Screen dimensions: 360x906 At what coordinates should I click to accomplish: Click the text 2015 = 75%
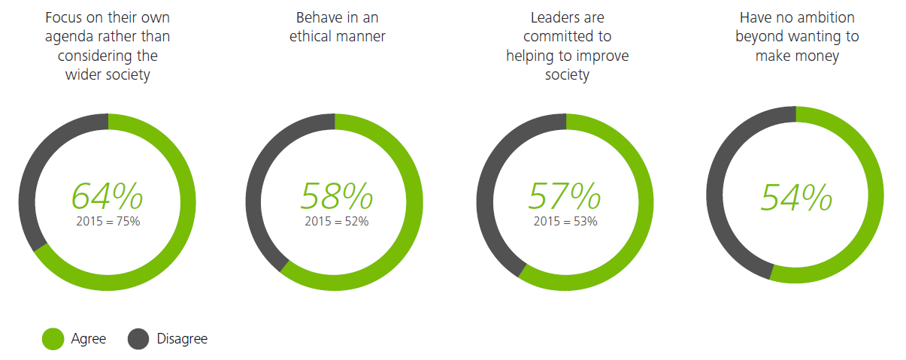click(108, 222)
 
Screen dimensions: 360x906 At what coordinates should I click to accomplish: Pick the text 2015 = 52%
click(336, 222)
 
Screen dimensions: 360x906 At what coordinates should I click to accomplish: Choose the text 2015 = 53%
click(565, 222)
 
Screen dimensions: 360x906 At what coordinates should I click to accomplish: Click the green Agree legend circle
click(53, 339)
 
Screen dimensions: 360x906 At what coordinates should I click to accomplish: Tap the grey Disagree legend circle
click(138, 339)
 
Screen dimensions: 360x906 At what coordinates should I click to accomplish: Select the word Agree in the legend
click(89, 339)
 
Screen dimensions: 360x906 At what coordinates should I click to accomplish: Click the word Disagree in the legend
click(182, 339)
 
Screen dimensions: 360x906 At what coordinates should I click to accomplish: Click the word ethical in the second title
click(314, 37)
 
